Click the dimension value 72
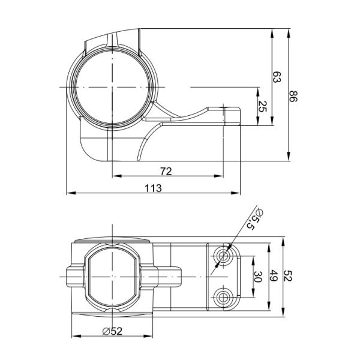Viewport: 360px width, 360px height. pyautogui.click(x=166, y=171)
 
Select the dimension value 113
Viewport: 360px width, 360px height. pyautogui.click(x=154, y=188)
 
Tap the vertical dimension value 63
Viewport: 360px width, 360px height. pyautogui.click(x=277, y=77)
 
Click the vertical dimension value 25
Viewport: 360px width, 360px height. pyautogui.click(x=262, y=107)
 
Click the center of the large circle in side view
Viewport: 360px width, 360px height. pyautogui.click(x=112, y=87)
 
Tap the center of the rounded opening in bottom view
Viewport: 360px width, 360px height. pyautogui.click(x=112, y=276)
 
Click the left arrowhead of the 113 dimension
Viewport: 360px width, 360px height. pyautogui.click(x=67, y=193)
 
